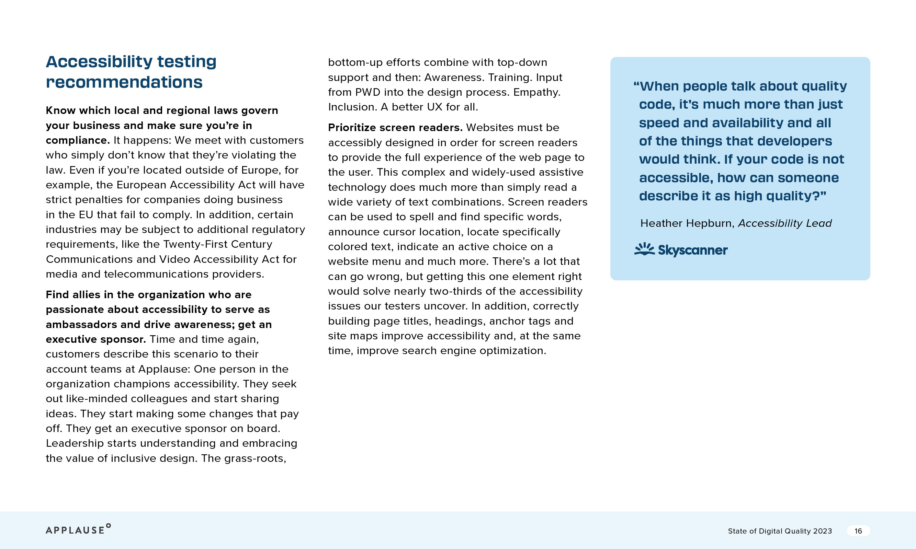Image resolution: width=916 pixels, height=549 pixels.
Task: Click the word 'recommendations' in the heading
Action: [x=124, y=82]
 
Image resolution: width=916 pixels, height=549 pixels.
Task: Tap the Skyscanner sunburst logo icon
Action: [x=644, y=250]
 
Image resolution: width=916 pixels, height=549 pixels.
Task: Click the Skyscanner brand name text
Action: [x=692, y=250]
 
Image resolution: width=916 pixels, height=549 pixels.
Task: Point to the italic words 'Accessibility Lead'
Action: [x=784, y=223]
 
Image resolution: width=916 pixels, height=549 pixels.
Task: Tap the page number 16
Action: [x=858, y=531]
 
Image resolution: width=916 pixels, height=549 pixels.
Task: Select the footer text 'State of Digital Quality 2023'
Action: [x=779, y=531]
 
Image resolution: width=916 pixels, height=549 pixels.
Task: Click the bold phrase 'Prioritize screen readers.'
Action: [x=395, y=128]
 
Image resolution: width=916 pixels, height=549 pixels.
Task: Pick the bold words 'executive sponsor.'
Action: [x=96, y=339]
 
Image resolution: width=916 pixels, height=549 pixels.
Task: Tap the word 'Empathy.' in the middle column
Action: [x=536, y=92]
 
